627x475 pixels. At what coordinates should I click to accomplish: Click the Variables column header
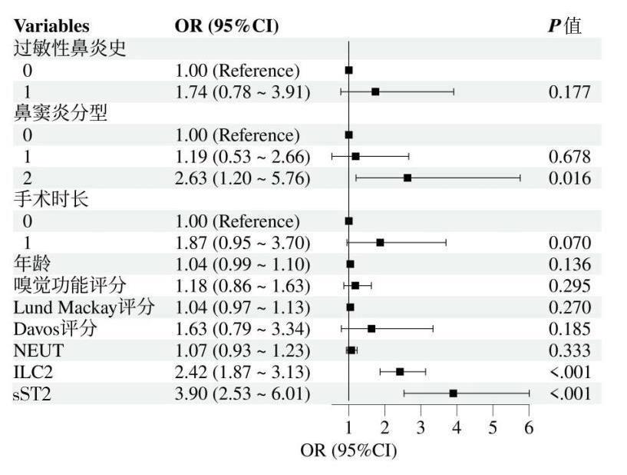pos(51,26)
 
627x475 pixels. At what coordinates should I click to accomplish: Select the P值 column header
pos(564,26)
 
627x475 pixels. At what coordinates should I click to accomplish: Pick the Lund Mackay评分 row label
pos(84,307)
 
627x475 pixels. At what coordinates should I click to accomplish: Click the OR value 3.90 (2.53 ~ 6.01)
pos(242,394)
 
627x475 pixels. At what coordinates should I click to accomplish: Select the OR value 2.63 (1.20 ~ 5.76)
pos(242,178)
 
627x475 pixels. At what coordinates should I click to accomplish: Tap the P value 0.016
pos(569,178)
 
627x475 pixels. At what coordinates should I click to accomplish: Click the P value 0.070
pos(569,243)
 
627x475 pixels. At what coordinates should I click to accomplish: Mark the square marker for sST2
pos(454,394)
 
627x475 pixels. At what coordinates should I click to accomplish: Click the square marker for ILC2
pos(400,372)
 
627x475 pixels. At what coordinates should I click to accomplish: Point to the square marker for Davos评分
pos(371,329)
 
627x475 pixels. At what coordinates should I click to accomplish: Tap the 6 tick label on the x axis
pos(529,427)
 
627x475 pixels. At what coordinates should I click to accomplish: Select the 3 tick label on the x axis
pos(421,427)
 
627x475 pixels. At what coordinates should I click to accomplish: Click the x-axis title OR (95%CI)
pos(348,450)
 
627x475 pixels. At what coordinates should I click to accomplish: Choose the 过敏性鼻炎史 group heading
pos(70,48)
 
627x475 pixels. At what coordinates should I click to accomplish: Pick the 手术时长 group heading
pos(51,200)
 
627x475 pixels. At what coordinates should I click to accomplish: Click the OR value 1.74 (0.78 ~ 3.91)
pos(242,92)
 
